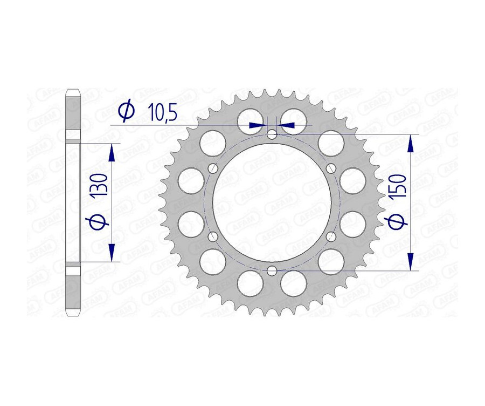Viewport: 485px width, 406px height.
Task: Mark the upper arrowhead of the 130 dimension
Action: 112,153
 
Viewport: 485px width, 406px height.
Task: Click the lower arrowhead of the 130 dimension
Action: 112,252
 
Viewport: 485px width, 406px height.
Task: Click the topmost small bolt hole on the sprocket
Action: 272,134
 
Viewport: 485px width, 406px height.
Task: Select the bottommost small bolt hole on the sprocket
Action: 272,270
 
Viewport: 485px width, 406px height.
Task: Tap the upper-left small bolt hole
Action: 213,168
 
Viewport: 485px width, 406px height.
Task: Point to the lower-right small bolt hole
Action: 331,236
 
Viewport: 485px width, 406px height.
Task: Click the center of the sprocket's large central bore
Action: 272,202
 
